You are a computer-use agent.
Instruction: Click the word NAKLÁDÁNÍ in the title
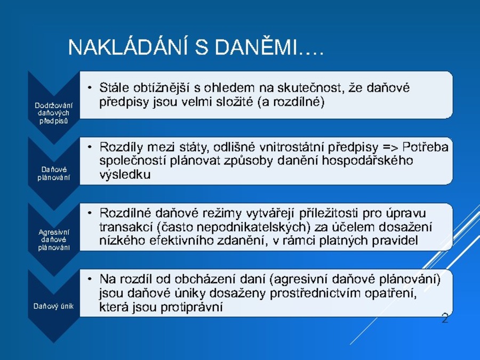tap(127, 47)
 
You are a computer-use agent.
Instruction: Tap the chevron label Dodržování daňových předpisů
tap(53, 113)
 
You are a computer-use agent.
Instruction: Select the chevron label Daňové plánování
tap(53, 173)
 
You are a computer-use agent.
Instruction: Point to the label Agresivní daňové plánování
tap(53, 239)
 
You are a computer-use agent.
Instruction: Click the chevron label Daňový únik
tap(53, 306)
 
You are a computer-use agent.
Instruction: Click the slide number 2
tap(445, 318)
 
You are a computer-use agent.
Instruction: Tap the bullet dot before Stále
tap(90, 88)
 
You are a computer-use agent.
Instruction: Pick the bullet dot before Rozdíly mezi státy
tap(90, 148)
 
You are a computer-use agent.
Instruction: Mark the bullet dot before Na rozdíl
tap(90, 279)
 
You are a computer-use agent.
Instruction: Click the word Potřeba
tap(426, 147)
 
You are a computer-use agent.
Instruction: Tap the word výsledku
tap(125, 174)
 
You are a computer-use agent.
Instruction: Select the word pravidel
tap(395, 241)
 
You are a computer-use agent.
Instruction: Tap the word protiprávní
tap(191, 307)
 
